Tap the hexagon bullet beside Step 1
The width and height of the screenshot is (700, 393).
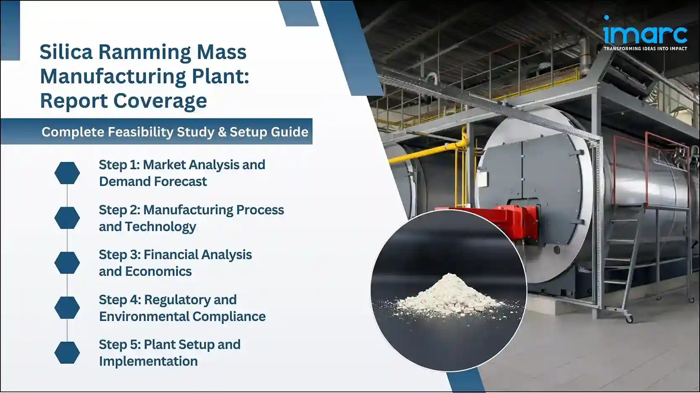pos(67,173)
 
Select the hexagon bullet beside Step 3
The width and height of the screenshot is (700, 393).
pos(67,263)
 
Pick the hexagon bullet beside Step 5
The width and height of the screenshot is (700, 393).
pos(67,352)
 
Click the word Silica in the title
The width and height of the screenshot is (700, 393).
pos(66,52)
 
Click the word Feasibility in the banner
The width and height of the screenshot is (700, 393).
pos(140,132)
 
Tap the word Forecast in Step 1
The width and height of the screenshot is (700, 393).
pos(181,182)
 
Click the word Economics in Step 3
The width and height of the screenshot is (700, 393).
pos(158,272)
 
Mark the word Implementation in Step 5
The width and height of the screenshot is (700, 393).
pos(148,361)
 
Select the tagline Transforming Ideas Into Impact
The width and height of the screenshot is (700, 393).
pos(645,49)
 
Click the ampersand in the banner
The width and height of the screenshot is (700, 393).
pos(222,132)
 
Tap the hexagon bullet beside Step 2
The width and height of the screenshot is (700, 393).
pos(67,218)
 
